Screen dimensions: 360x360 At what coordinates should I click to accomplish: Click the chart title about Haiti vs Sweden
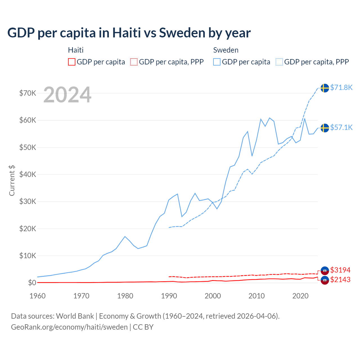[x=129, y=33]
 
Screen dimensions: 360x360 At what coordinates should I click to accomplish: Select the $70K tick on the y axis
[x=28, y=93]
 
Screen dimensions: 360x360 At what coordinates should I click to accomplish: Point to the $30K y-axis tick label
[x=28, y=201]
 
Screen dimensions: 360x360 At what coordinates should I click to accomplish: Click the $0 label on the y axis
[x=32, y=283]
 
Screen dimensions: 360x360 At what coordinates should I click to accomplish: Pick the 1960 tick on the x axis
[x=37, y=296]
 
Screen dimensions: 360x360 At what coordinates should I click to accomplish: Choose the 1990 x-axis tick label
[x=169, y=296]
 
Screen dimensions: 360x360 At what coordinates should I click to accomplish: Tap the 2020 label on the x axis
[x=300, y=296]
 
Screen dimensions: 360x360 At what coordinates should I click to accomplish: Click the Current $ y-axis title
[x=12, y=180]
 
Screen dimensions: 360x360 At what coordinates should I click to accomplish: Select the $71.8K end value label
[x=341, y=88]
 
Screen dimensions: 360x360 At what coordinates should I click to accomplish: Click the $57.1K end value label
[x=341, y=128]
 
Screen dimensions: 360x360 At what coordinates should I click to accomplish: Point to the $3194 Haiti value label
[x=340, y=270]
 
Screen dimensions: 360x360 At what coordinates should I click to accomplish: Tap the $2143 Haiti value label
[x=340, y=280]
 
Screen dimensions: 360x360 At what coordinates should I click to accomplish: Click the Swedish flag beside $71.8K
[x=325, y=88]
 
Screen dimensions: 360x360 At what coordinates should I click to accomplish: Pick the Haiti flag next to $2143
[x=325, y=280]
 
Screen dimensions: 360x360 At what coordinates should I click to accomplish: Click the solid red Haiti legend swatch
[x=72, y=62]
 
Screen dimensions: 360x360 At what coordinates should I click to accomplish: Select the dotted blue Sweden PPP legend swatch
[x=279, y=62]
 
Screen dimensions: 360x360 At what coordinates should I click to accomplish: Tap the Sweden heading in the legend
[x=226, y=50]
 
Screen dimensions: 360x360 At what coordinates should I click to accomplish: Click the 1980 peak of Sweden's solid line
[x=125, y=237]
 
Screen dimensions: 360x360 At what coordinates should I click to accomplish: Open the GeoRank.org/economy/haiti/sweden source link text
[x=69, y=327]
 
